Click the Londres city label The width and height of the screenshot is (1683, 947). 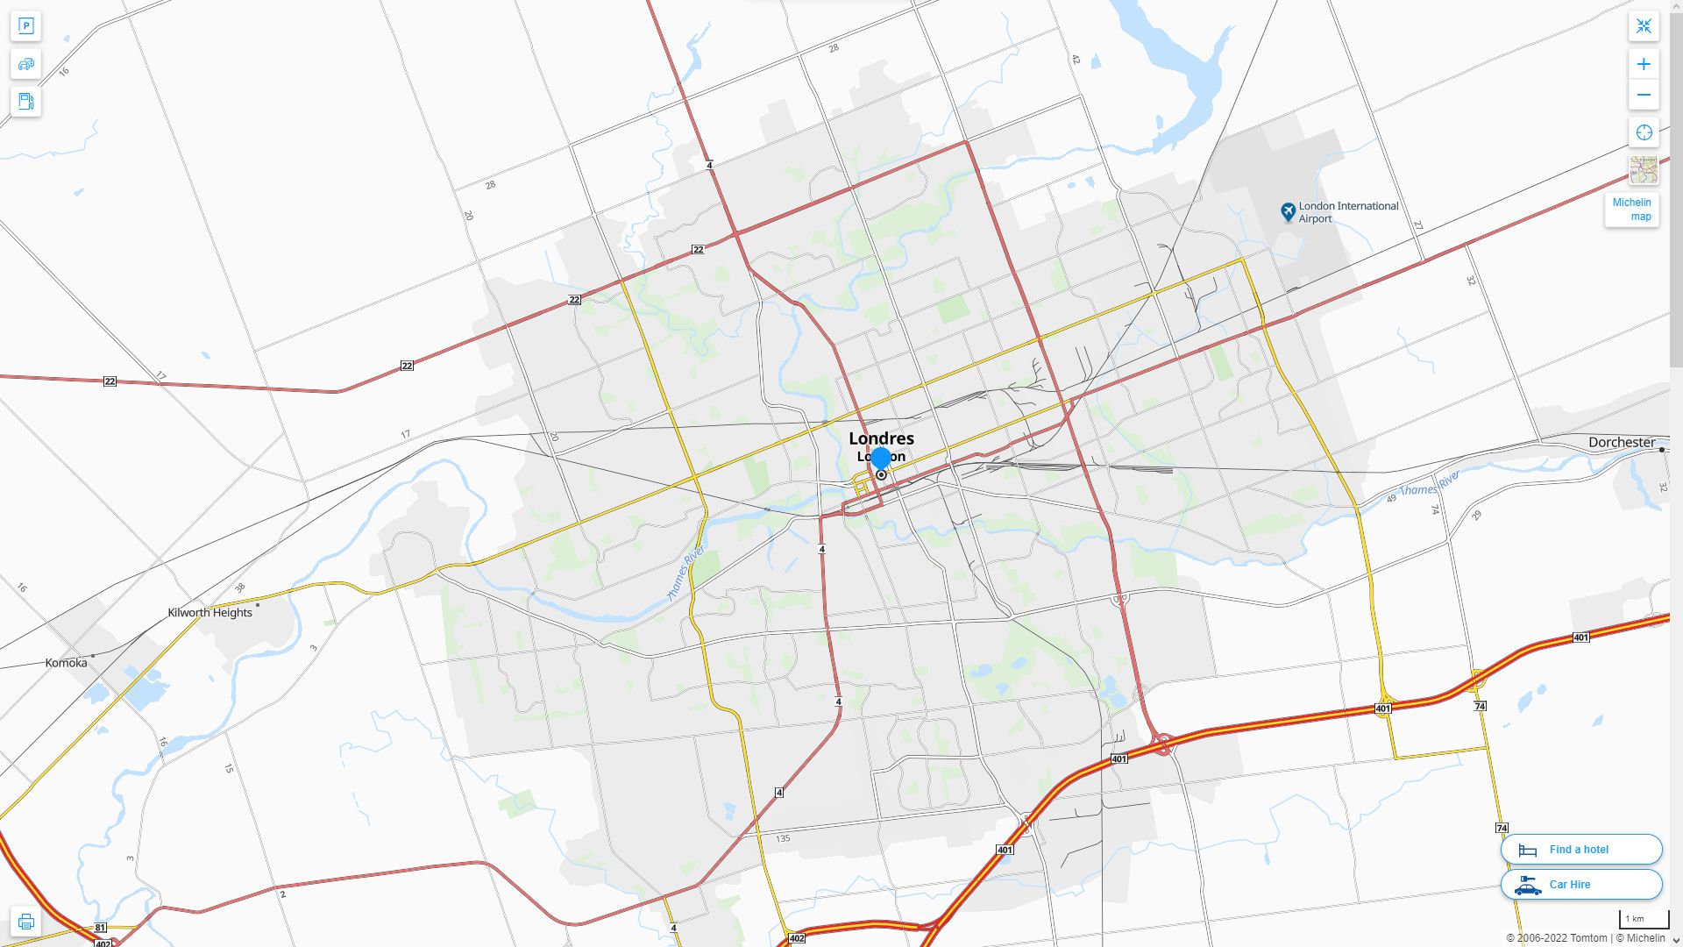[881, 438]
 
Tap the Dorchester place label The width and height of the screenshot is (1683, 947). [1621, 442]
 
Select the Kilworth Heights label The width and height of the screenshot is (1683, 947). [209, 612]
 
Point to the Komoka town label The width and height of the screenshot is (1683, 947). [66, 663]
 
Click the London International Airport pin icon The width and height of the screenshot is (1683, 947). [1288, 211]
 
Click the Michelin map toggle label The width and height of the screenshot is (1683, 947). [1631, 210]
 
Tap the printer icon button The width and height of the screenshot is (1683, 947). [25, 922]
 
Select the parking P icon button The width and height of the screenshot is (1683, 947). [25, 26]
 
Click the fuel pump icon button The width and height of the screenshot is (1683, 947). [25, 101]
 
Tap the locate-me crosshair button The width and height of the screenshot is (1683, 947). [1644, 132]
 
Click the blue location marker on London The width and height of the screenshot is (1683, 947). [881, 459]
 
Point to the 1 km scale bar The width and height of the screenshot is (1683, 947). [1644, 920]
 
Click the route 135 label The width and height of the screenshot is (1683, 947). [783, 838]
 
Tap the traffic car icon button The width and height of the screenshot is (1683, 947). [25, 64]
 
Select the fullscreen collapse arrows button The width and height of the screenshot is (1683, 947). [1644, 26]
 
